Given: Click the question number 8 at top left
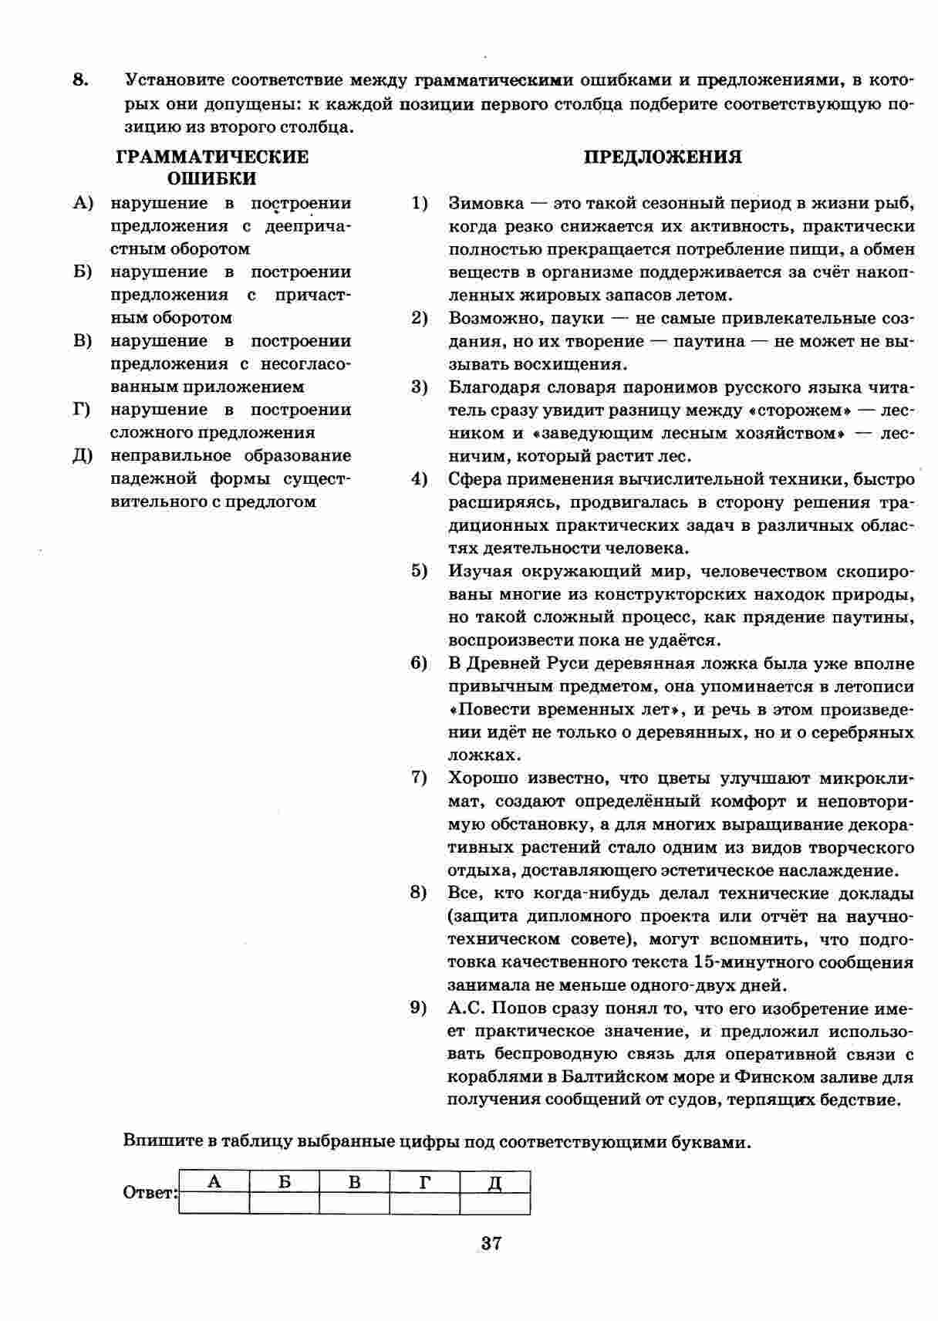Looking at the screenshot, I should pos(80,79).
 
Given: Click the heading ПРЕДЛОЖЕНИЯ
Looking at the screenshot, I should pos(663,157).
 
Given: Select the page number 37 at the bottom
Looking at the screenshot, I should pos(491,1243).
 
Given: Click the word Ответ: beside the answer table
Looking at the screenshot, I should pos(150,1193).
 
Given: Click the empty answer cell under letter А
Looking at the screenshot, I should pos(214,1204).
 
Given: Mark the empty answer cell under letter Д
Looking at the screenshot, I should pos(494,1204).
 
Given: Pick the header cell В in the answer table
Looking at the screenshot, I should pos(354,1182).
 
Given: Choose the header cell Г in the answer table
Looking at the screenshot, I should pos(424,1182).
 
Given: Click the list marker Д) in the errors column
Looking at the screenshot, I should pos(83,456).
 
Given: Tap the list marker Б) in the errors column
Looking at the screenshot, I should pos(83,272).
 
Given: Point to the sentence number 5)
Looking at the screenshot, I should pos(420,571).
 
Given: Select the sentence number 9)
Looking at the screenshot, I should pos(420,1008).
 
